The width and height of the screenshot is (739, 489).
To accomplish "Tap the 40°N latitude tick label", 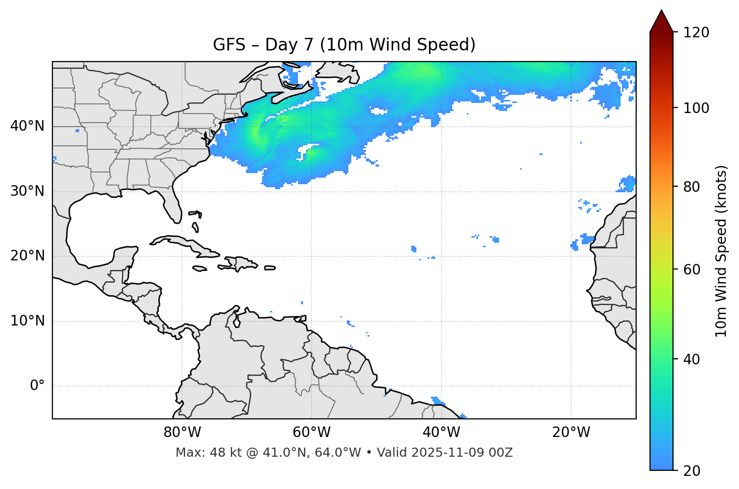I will [27, 126].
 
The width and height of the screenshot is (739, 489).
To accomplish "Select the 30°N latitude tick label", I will [27, 191].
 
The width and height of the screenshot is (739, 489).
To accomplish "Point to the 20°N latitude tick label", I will [27, 256].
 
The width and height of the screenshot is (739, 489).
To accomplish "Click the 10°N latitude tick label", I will [27, 321].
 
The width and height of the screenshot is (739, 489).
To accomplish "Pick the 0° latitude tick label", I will [37, 386].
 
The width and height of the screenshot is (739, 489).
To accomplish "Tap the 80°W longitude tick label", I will [182, 432].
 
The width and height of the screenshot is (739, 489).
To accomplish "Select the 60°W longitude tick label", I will [312, 432].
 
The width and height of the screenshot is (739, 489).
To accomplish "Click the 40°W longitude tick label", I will [441, 432].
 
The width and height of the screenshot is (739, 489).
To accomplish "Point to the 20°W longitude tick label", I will [571, 432].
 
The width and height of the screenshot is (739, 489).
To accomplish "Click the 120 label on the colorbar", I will [696, 33].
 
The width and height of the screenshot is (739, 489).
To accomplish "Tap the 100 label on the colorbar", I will [696, 108].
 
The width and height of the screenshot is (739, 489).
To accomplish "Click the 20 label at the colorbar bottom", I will [692, 471].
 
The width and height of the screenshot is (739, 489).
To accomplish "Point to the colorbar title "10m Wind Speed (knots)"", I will [721, 251].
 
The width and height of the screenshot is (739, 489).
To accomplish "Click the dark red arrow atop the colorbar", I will [661, 22].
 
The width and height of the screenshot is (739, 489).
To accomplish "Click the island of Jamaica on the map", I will [200, 268].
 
